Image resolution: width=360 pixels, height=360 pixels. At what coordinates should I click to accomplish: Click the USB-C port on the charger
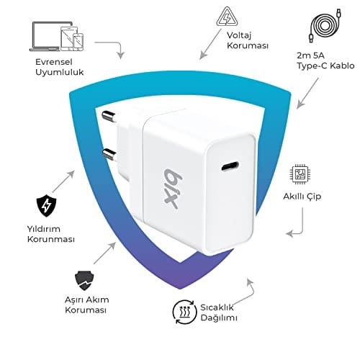pos(230,166)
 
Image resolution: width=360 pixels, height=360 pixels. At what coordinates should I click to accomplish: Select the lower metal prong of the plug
pos(109,154)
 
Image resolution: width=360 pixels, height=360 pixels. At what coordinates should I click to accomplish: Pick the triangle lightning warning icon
pos(227,17)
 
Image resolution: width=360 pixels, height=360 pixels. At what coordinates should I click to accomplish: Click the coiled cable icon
pos(325,25)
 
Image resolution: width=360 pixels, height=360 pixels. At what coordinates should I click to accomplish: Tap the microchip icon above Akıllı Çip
pos(299,174)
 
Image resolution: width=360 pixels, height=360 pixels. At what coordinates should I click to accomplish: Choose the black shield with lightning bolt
pos(46,206)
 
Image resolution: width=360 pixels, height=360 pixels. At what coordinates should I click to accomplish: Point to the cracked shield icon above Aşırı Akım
pos(84,281)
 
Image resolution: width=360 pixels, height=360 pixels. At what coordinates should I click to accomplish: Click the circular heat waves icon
pos(184,312)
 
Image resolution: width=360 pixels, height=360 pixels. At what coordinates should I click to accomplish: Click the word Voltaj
pos(239,35)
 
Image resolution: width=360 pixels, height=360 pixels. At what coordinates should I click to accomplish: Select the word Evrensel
pos(53,62)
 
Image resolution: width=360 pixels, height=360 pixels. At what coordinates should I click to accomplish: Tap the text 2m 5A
pos(310,55)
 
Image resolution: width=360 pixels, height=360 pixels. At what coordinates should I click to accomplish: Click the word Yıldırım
pos(43,229)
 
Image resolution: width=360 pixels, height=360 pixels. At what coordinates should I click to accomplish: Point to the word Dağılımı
pos(219,318)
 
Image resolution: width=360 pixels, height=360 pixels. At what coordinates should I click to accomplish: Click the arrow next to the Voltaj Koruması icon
pos(210,44)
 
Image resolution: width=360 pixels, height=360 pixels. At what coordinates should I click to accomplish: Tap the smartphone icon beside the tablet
pos(78,42)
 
